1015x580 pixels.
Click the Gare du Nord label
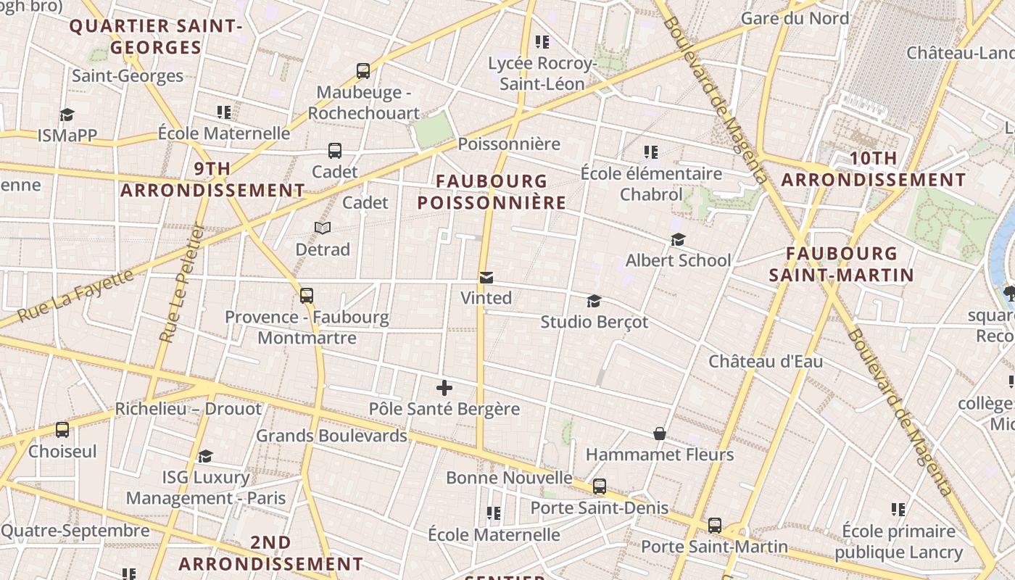[795, 18]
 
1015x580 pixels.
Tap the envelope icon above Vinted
[486, 278]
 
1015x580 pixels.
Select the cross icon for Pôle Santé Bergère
[444, 388]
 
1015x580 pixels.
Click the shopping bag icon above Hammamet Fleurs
[660, 434]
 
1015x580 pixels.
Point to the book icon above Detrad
[323, 228]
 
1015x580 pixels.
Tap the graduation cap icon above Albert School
[678, 239]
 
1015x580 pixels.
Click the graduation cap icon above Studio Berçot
[594, 301]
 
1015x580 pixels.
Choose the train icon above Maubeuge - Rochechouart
[363, 71]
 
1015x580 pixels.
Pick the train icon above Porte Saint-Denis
[600, 486]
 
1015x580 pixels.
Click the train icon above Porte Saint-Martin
[715, 525]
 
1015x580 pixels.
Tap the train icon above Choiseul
[62, 430]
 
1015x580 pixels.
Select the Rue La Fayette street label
[75, 295]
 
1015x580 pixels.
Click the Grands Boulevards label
[331, 436]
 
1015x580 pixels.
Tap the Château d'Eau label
[766, 361]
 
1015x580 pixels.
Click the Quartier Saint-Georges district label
[155, 37]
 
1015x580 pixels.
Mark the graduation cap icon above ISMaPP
[67, 115]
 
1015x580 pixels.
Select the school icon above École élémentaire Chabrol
[651, 152]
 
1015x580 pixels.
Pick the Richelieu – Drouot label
[188, 409]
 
